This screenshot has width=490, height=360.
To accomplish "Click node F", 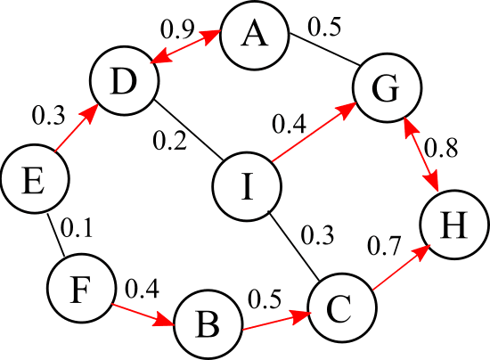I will pyautogui.click(x=80, y=290).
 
